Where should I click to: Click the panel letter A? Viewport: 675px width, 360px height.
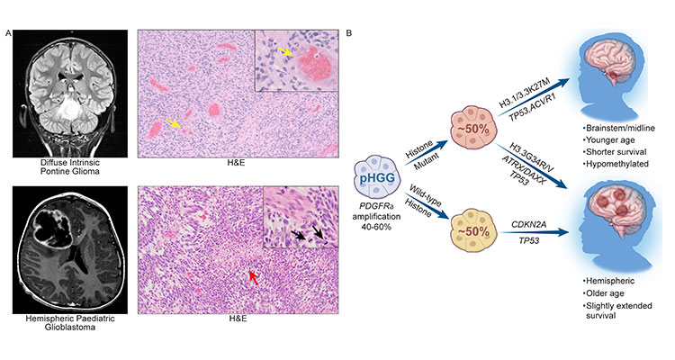(8, 33)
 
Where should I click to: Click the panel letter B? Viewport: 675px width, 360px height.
(348, 33)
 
